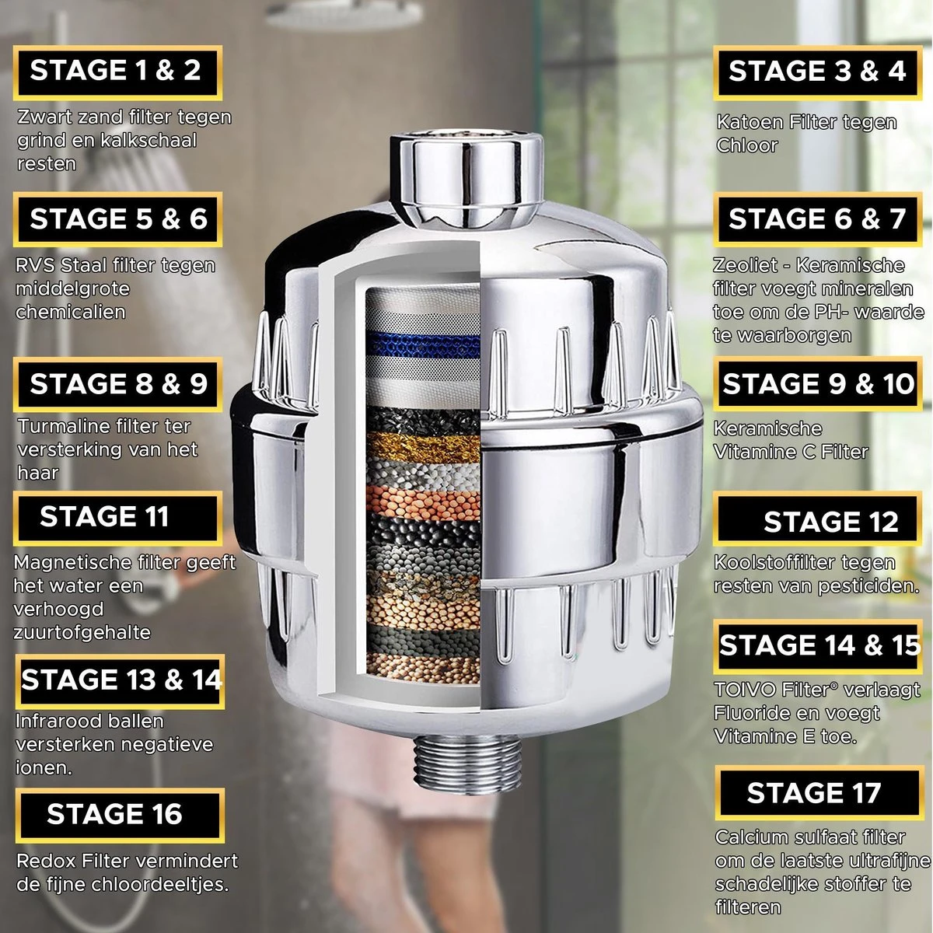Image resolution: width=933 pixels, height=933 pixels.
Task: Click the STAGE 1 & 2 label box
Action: [x=117, y=72]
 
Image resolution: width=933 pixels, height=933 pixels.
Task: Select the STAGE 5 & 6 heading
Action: [x=117, y=219]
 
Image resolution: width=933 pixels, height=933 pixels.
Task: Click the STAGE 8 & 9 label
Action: [x=118, y=384]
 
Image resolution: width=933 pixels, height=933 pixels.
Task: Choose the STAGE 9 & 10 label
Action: [x=818, y=384]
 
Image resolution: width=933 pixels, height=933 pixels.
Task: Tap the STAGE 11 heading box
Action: [x=117, y=517]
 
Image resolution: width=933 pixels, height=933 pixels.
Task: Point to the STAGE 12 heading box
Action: [x=818, y=522]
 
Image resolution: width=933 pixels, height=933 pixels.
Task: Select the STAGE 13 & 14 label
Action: [x=121, y=680]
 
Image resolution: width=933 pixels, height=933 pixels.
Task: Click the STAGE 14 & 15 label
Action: [x=818, y=646]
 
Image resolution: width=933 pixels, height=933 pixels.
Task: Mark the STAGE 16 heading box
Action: [x=119, y=814]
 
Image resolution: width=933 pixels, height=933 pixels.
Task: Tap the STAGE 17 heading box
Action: [x=815, y=793]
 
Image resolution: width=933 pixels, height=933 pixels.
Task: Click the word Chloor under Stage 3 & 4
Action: [x=746, y=145]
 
